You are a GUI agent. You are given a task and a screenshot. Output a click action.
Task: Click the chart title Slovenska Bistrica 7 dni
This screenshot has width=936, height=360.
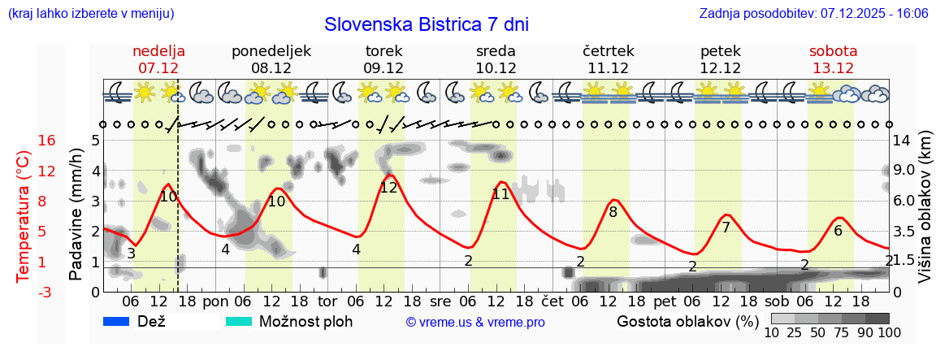pyautogui.click(x=426, y=24)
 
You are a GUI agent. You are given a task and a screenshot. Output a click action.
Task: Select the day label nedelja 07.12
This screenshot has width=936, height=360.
pyautogui.click(x=158, y=59)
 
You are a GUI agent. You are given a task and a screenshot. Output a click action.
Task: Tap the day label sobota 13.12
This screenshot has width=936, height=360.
pyautogui.click(x=833, y=59)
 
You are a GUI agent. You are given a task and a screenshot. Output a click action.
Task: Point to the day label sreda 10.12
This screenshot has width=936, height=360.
pyautogui.click(x=496, y=59)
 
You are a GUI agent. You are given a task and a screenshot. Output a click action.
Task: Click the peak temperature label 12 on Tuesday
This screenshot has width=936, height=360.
pyautogui.click(x=388, y=187)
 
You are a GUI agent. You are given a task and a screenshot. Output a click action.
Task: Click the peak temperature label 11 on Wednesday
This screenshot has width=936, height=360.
pyautogui.click(x=500, y=193)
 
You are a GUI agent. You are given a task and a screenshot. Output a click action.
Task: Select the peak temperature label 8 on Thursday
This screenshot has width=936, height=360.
pyautogui.click(x=613, y=212)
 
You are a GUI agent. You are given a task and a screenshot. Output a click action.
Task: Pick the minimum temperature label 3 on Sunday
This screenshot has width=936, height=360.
pyautogui.click(x=131, y=253)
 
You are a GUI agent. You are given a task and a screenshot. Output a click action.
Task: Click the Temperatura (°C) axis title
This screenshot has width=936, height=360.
pyautogui.click(x=24, y=215)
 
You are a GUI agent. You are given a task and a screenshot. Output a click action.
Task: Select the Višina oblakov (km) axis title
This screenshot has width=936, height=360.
pyautogui.click(x=925, y=215)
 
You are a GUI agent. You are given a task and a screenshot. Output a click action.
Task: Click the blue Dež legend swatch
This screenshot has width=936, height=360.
pyautogui.click(x=118, y=321)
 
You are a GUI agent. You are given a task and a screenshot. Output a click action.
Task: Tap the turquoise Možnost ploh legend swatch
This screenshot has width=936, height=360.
pyautogui.click(x=239, y=321)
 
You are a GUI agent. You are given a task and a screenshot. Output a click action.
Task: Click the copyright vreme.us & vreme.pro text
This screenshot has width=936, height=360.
pyautogui.click(x=475, y=322)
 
